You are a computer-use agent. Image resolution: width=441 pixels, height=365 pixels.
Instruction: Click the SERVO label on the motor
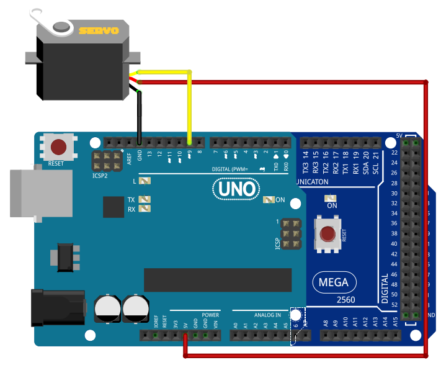coord(102,29)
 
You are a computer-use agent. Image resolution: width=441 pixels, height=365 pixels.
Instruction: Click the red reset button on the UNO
coord(59,148)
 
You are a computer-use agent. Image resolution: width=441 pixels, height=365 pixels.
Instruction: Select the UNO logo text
coord(234,189)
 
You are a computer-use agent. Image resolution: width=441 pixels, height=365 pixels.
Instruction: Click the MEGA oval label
coord(334,283)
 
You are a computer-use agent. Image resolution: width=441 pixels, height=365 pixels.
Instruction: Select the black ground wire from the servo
coord(140,118)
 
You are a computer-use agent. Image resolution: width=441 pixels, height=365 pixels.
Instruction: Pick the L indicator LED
coord(145,181)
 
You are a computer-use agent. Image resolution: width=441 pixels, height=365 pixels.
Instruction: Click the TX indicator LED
coord(145,200)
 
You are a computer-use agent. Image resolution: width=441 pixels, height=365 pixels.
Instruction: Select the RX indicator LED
coord(145,209)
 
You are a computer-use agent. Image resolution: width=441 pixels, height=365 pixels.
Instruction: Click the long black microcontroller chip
coord(217,280)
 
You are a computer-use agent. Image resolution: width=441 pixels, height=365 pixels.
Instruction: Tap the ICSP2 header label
coord(100,176)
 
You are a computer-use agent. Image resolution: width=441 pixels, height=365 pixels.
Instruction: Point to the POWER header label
coord(210,315)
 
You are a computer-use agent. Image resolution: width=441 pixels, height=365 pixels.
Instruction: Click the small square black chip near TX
coord(114,207)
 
